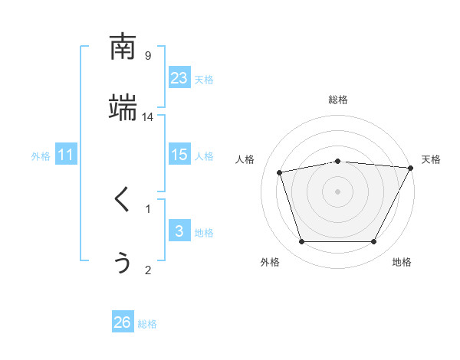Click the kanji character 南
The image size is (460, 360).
(x=123, y=47)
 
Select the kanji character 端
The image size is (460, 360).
(x=123, y=108)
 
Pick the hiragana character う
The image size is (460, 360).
(x=123, y=261)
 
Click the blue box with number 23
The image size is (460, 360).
(x=179, y=78)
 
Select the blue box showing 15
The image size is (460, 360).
(x=179, y=155)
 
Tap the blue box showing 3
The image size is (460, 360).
(x=179, y=231)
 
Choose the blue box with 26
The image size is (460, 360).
(x=123, y=322)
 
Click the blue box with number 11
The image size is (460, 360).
(x=66, y=155)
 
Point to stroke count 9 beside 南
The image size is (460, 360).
(x=148, y=55)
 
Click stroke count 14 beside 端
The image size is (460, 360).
(x=148, y=116)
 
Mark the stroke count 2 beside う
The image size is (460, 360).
(x=148, y=269)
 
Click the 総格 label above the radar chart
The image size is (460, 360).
(x=338, y=100)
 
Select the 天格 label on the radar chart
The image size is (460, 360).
(x=431, y=159)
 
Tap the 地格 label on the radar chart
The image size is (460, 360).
(x=402, y=262)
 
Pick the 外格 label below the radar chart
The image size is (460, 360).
(x=270, y=262)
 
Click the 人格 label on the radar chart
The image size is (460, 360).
(x=245, y=159)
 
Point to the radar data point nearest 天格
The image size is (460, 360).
(x=411, y=168)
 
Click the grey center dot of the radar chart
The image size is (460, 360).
(x=338, y=191)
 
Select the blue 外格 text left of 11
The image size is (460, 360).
(x=41, y=155)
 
